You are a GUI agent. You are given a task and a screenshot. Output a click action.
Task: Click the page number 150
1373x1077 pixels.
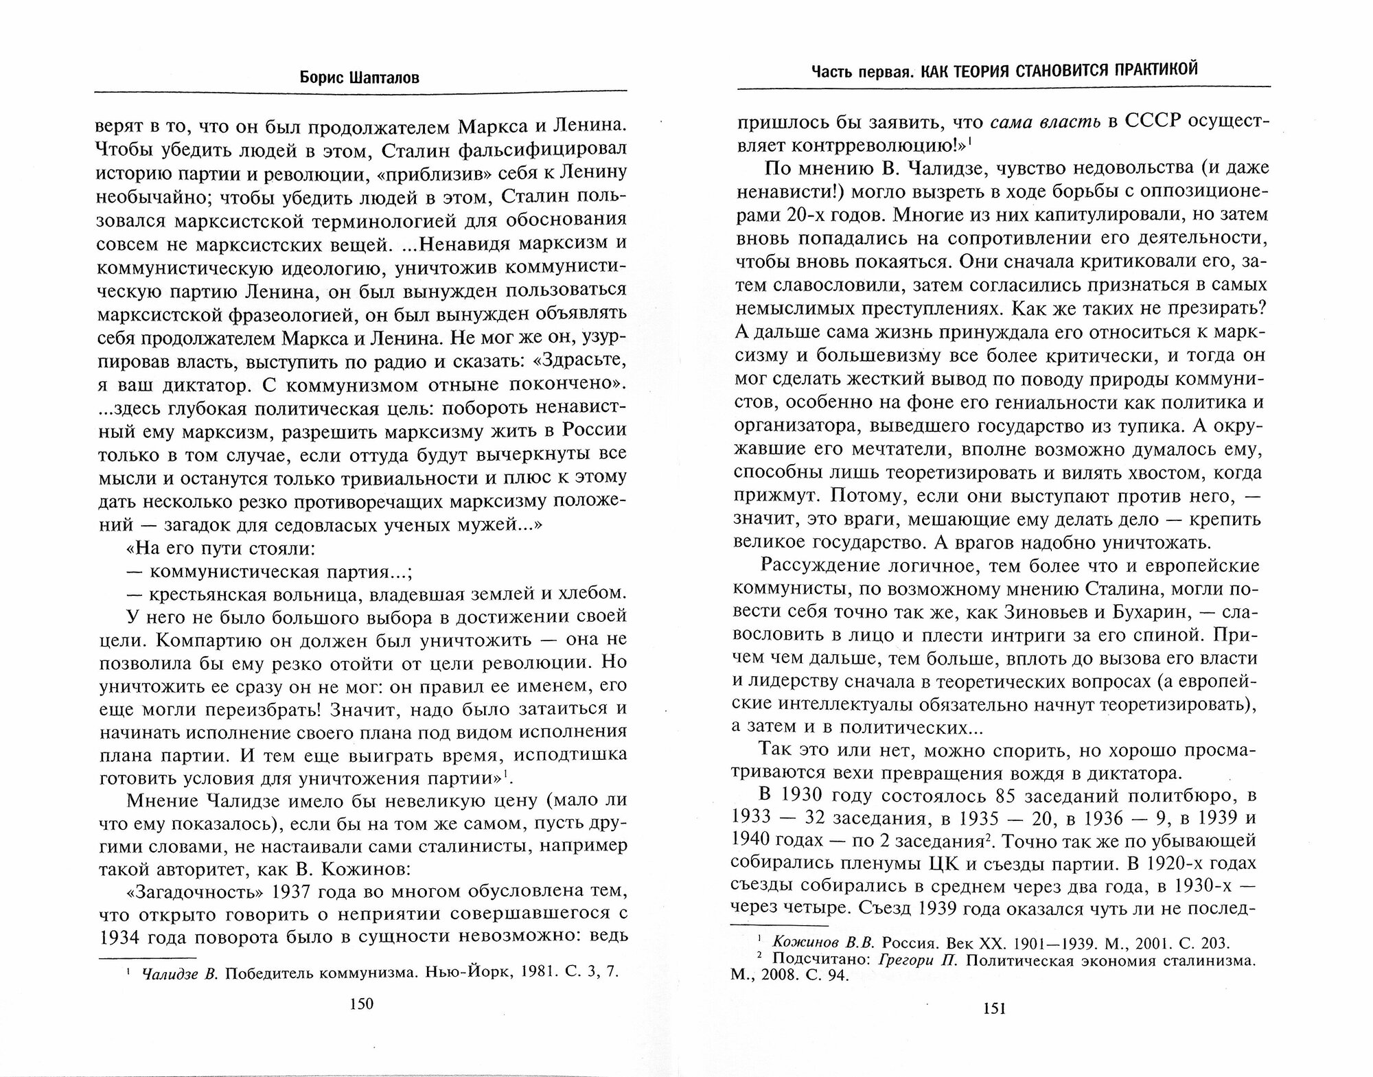361,1004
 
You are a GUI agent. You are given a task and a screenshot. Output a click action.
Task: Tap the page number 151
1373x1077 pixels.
995,1008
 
